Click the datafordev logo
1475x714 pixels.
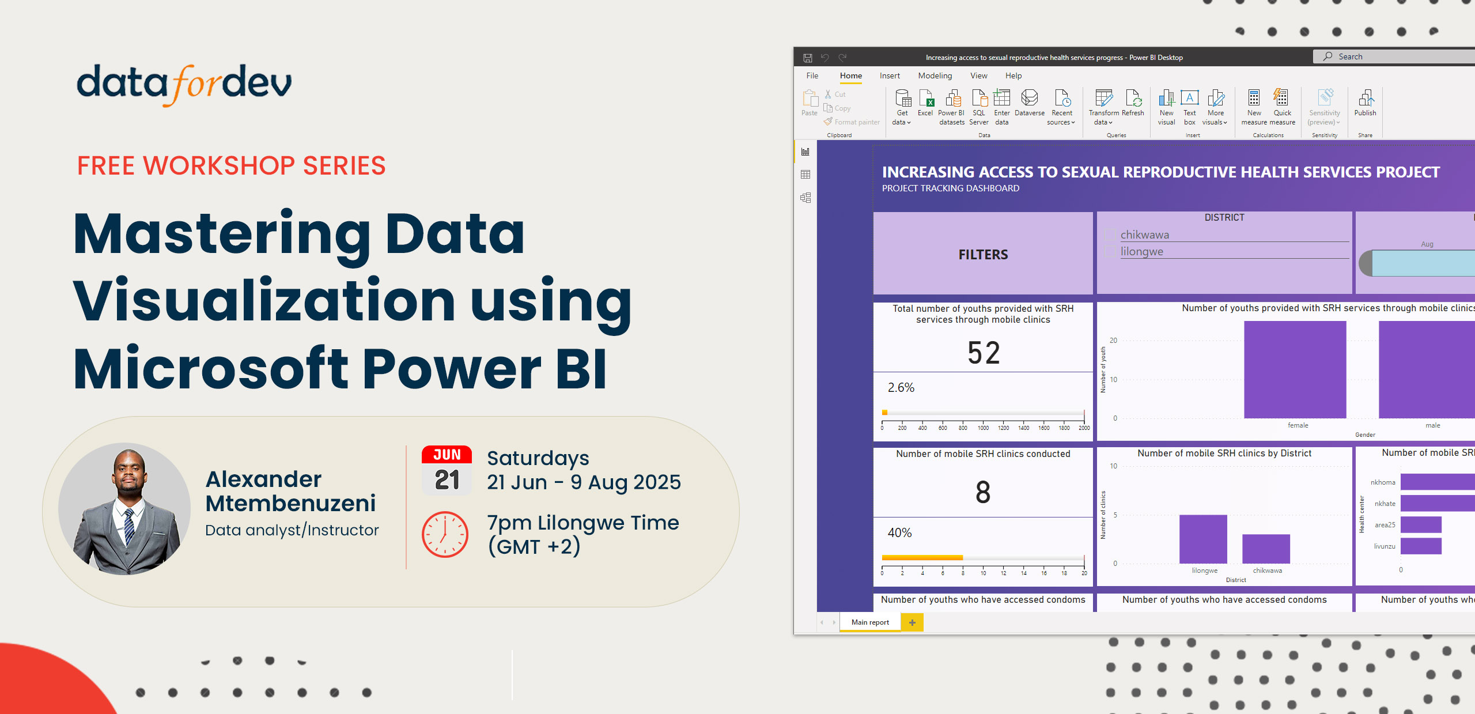tap(184, 85)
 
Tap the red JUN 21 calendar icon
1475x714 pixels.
tap(447, 470)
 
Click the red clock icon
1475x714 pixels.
tap(445, 534)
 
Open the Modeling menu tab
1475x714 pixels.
tap(935, 75)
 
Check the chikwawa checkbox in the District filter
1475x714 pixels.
tap(1110, 235)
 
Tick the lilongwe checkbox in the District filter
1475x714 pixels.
tap(1110, 252)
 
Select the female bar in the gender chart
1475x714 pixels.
tap(1295, 369)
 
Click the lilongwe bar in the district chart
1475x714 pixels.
tap(1203, 539)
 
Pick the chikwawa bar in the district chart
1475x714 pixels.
tap(1266, 549)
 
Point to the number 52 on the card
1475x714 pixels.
tap(984, 353)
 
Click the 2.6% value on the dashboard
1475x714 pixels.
tap(901, 388)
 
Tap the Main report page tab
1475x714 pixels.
tap(870, 622)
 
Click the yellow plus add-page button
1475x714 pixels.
tap(912, 622)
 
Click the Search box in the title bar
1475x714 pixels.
tap(1394, 56)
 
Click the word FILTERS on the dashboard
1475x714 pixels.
tap(983, 255)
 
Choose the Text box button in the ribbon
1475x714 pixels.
tap(1190, 107)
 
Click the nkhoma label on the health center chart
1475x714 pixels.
tap(1383, 482)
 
